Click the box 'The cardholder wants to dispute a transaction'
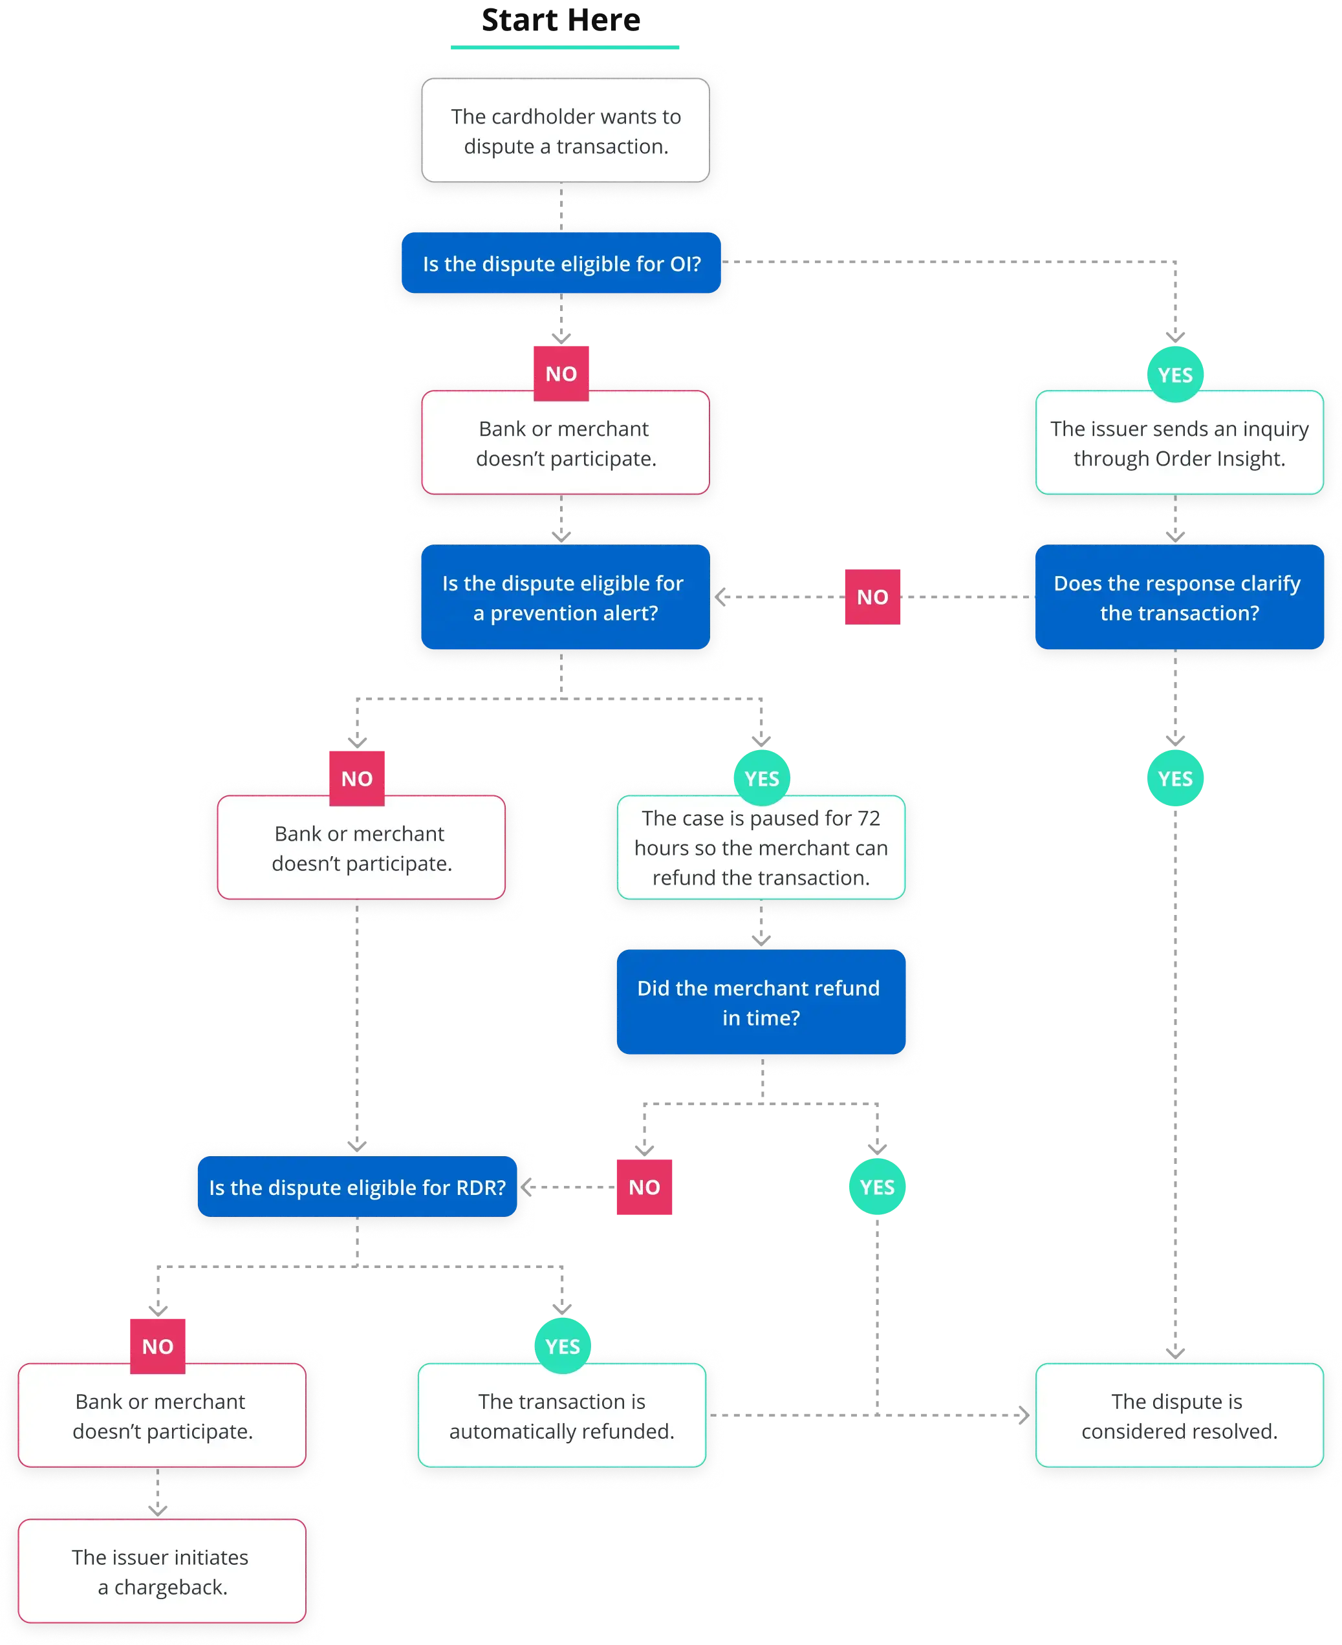565,131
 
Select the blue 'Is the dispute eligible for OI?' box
561,264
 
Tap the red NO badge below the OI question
561,373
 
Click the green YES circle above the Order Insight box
1174,375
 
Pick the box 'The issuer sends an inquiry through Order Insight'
1178,443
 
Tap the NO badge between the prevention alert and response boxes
872,597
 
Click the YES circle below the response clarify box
1174,779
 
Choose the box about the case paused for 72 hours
761,847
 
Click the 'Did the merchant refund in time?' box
761,1003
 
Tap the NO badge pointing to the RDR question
644,1187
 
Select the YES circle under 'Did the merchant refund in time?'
876,1187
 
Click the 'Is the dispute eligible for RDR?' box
357,1187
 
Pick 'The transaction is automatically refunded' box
562,1415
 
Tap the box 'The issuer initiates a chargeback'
161,1571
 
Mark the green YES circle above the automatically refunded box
562,1346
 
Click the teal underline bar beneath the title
566,47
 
